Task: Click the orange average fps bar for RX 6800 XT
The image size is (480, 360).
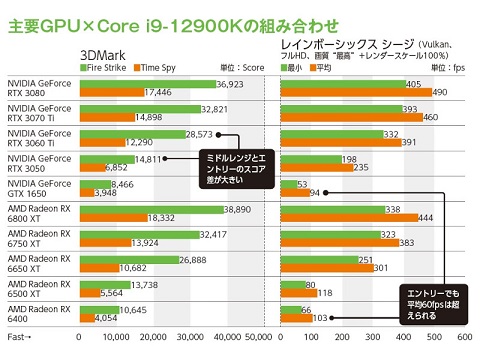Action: pos(349,218)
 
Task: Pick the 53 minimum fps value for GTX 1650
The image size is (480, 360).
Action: pos(303,181)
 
